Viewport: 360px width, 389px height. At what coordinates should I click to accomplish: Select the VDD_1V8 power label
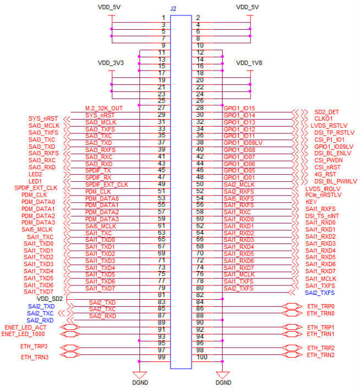pyautogui.click(x=249, y=63)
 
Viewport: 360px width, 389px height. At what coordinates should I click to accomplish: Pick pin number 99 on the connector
pyautogui.click(x=162, y=358)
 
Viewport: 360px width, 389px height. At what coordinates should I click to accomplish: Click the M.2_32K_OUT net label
pyautogui.click(x=105, y=107)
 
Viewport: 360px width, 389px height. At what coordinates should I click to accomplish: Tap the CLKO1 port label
pyautogui.click(x=324, y=118)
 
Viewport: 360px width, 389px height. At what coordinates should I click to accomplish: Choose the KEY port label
pyautogui.click(x=311, y=202)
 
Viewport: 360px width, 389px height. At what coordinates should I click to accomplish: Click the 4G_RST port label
pyautogui.click(x=324, y=175)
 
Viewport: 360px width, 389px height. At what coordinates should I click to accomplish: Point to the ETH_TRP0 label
pyautogui.click(x=320, y=306)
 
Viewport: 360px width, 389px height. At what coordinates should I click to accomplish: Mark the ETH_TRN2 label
pyautogui.click(x=320, y=355)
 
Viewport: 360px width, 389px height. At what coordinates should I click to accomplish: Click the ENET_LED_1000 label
pyautogui.click(x=24, y=334)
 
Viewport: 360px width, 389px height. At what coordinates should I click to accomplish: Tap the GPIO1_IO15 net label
pyautogui.click(x=239, y=108)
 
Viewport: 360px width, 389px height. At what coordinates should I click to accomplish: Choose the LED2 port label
pyautogui.click(x=35, y=174)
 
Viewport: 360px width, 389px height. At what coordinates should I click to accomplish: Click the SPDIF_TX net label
pyautogui.click(x=99, y=170)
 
